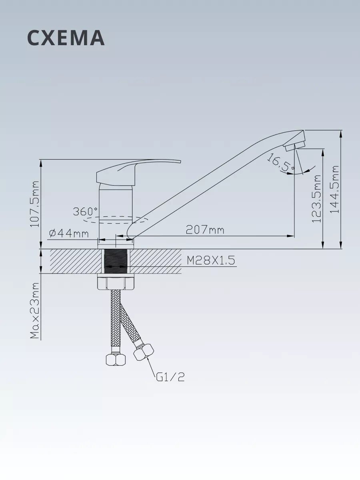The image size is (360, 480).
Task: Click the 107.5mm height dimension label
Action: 34,204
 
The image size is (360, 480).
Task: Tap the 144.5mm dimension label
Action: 334,189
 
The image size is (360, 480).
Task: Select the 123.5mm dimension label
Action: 316,198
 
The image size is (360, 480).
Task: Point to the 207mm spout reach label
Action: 205,230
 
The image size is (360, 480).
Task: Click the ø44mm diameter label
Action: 69,234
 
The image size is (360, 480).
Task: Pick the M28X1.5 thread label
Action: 211,260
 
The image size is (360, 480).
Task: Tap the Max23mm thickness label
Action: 35,311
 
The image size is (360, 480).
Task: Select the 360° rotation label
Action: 86,212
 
